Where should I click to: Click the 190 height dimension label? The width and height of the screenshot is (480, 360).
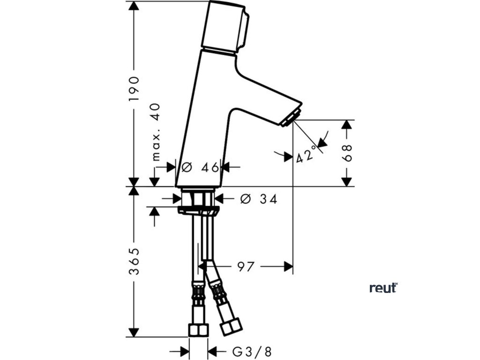135,89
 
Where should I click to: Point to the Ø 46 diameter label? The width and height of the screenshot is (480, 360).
201,167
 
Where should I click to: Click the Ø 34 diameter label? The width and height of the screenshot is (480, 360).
258,199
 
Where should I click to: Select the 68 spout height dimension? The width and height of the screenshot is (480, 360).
347,153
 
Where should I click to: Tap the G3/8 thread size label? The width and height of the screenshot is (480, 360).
252,351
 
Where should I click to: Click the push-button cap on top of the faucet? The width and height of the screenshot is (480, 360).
225,26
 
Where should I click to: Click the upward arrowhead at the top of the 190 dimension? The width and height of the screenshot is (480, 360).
135,6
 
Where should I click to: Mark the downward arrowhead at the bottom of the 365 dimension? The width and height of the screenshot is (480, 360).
135,331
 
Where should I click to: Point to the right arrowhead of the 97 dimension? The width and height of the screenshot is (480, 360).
288,267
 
